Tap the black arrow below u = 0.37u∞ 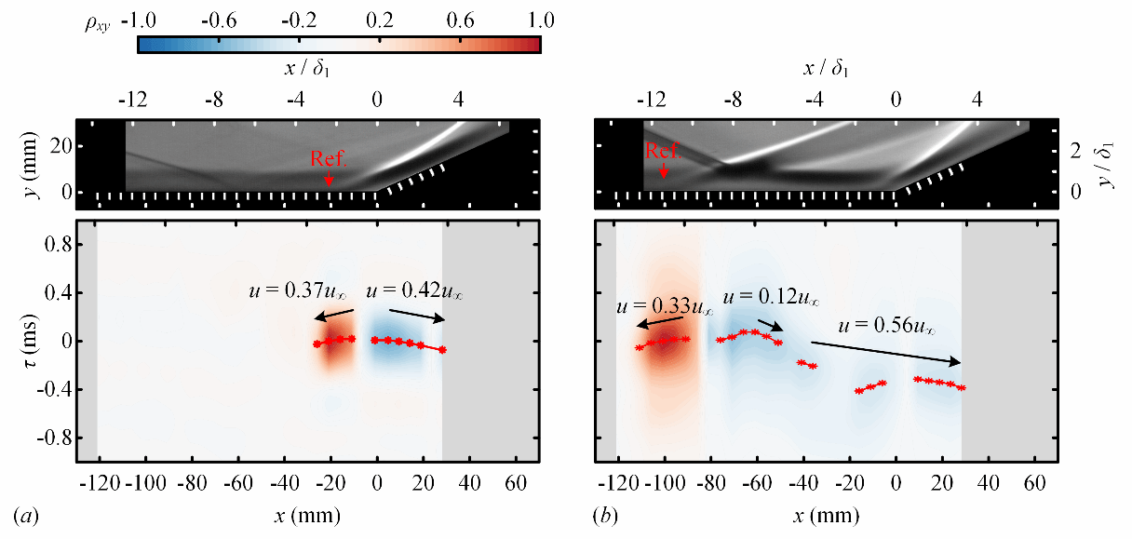(x=333, y=315)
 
